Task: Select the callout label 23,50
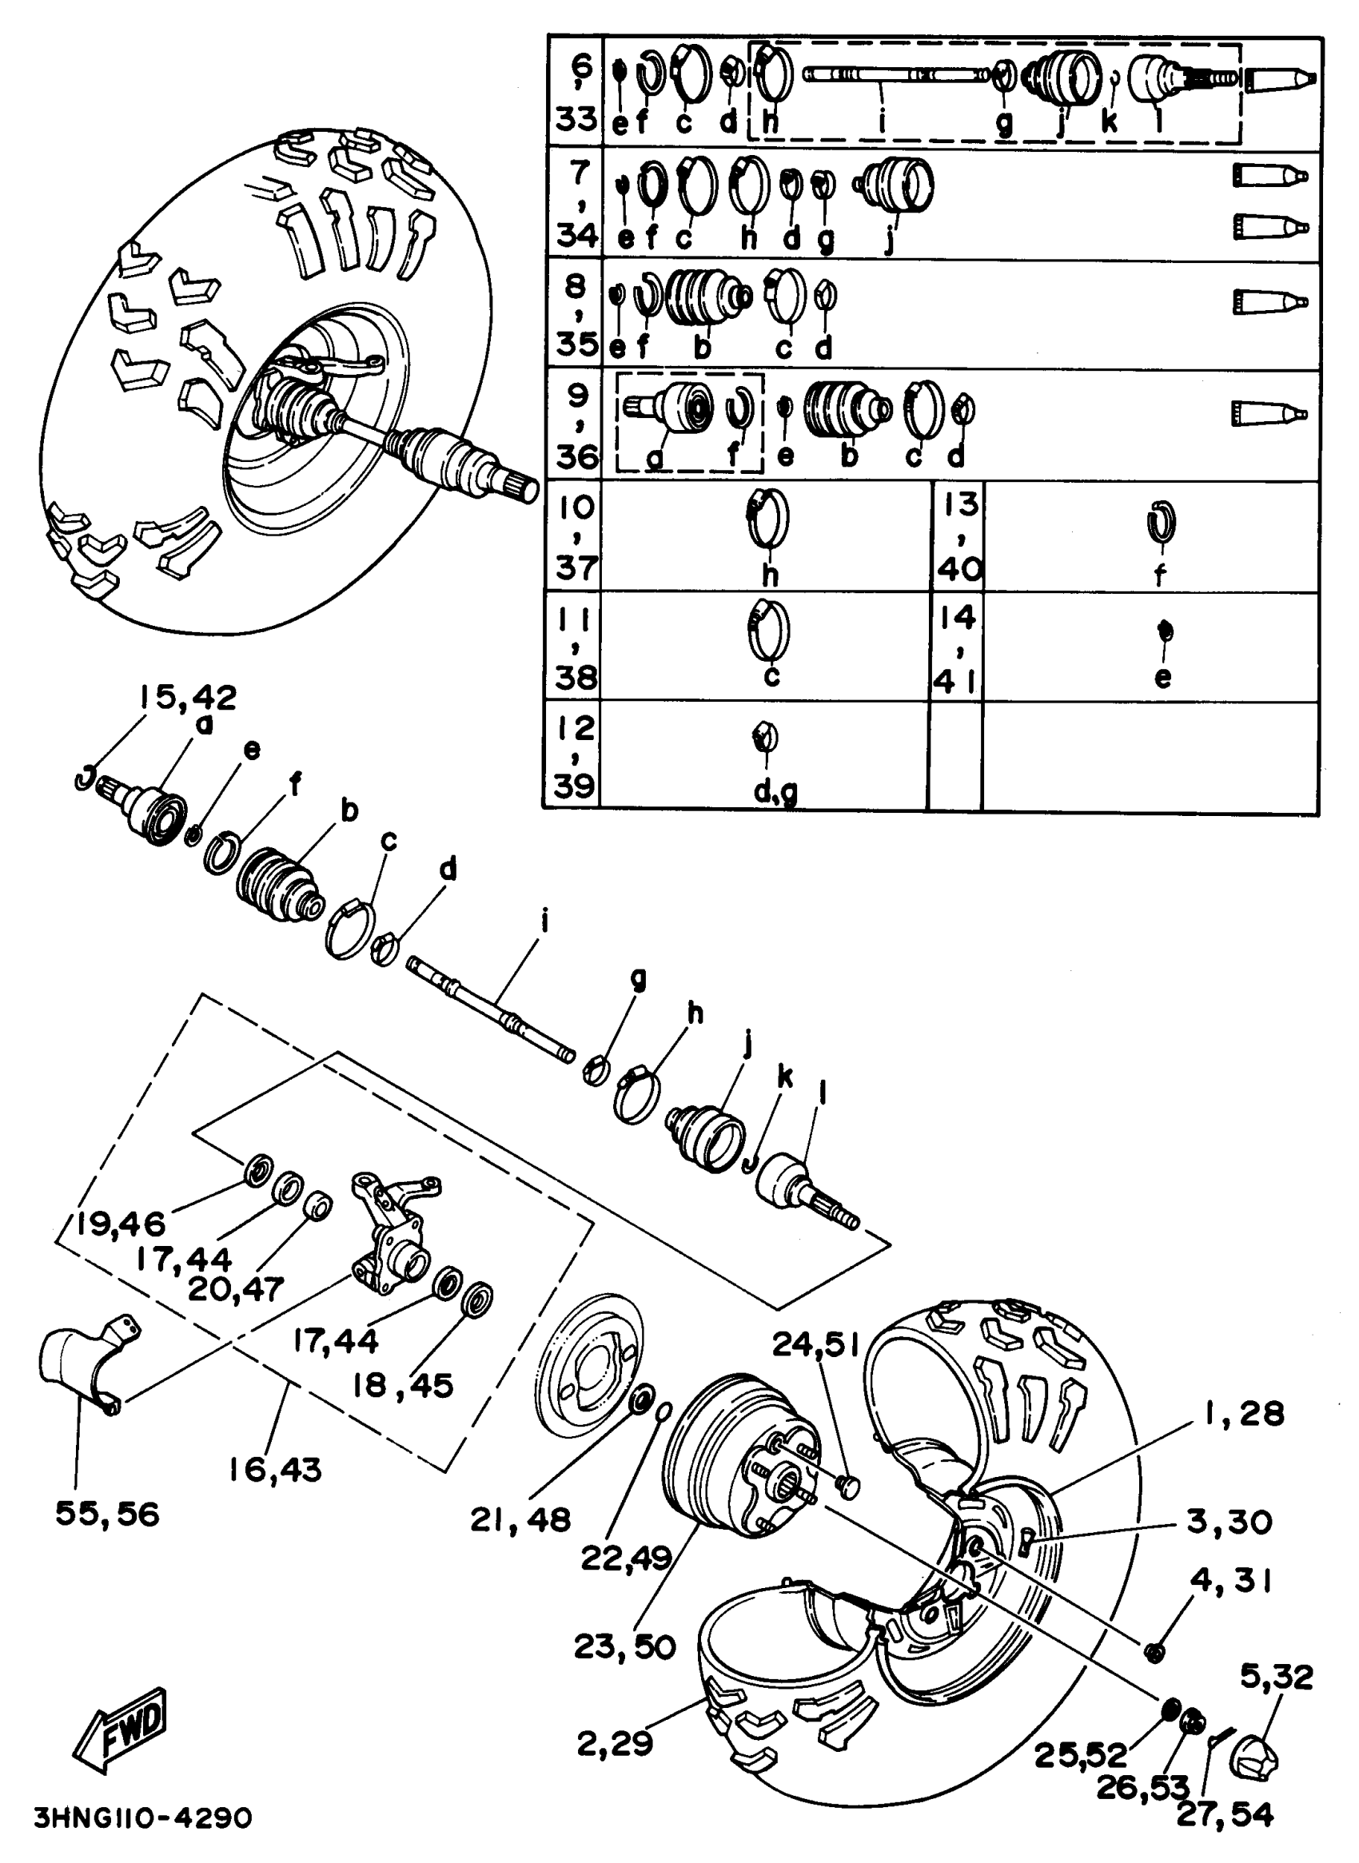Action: (624, 1646)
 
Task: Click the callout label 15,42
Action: (188, 698)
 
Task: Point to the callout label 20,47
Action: (236, 1288)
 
